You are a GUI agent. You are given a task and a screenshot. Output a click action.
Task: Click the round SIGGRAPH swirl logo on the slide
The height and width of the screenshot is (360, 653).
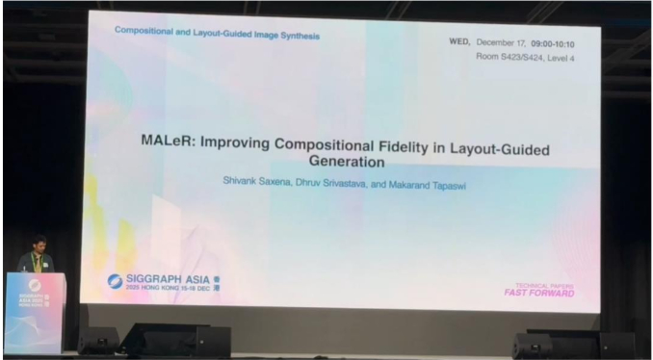point(115,281)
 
